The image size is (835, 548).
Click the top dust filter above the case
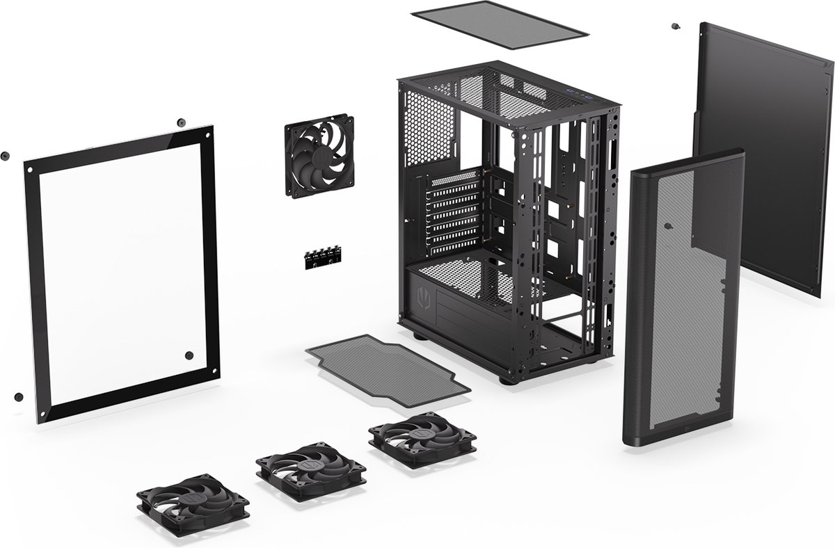(x=499, y=25)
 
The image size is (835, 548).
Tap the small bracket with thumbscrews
(x=321, y=256)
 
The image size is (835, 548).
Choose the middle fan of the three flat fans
(x=311, y=467)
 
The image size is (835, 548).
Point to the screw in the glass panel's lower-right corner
(x=189, y=355)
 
